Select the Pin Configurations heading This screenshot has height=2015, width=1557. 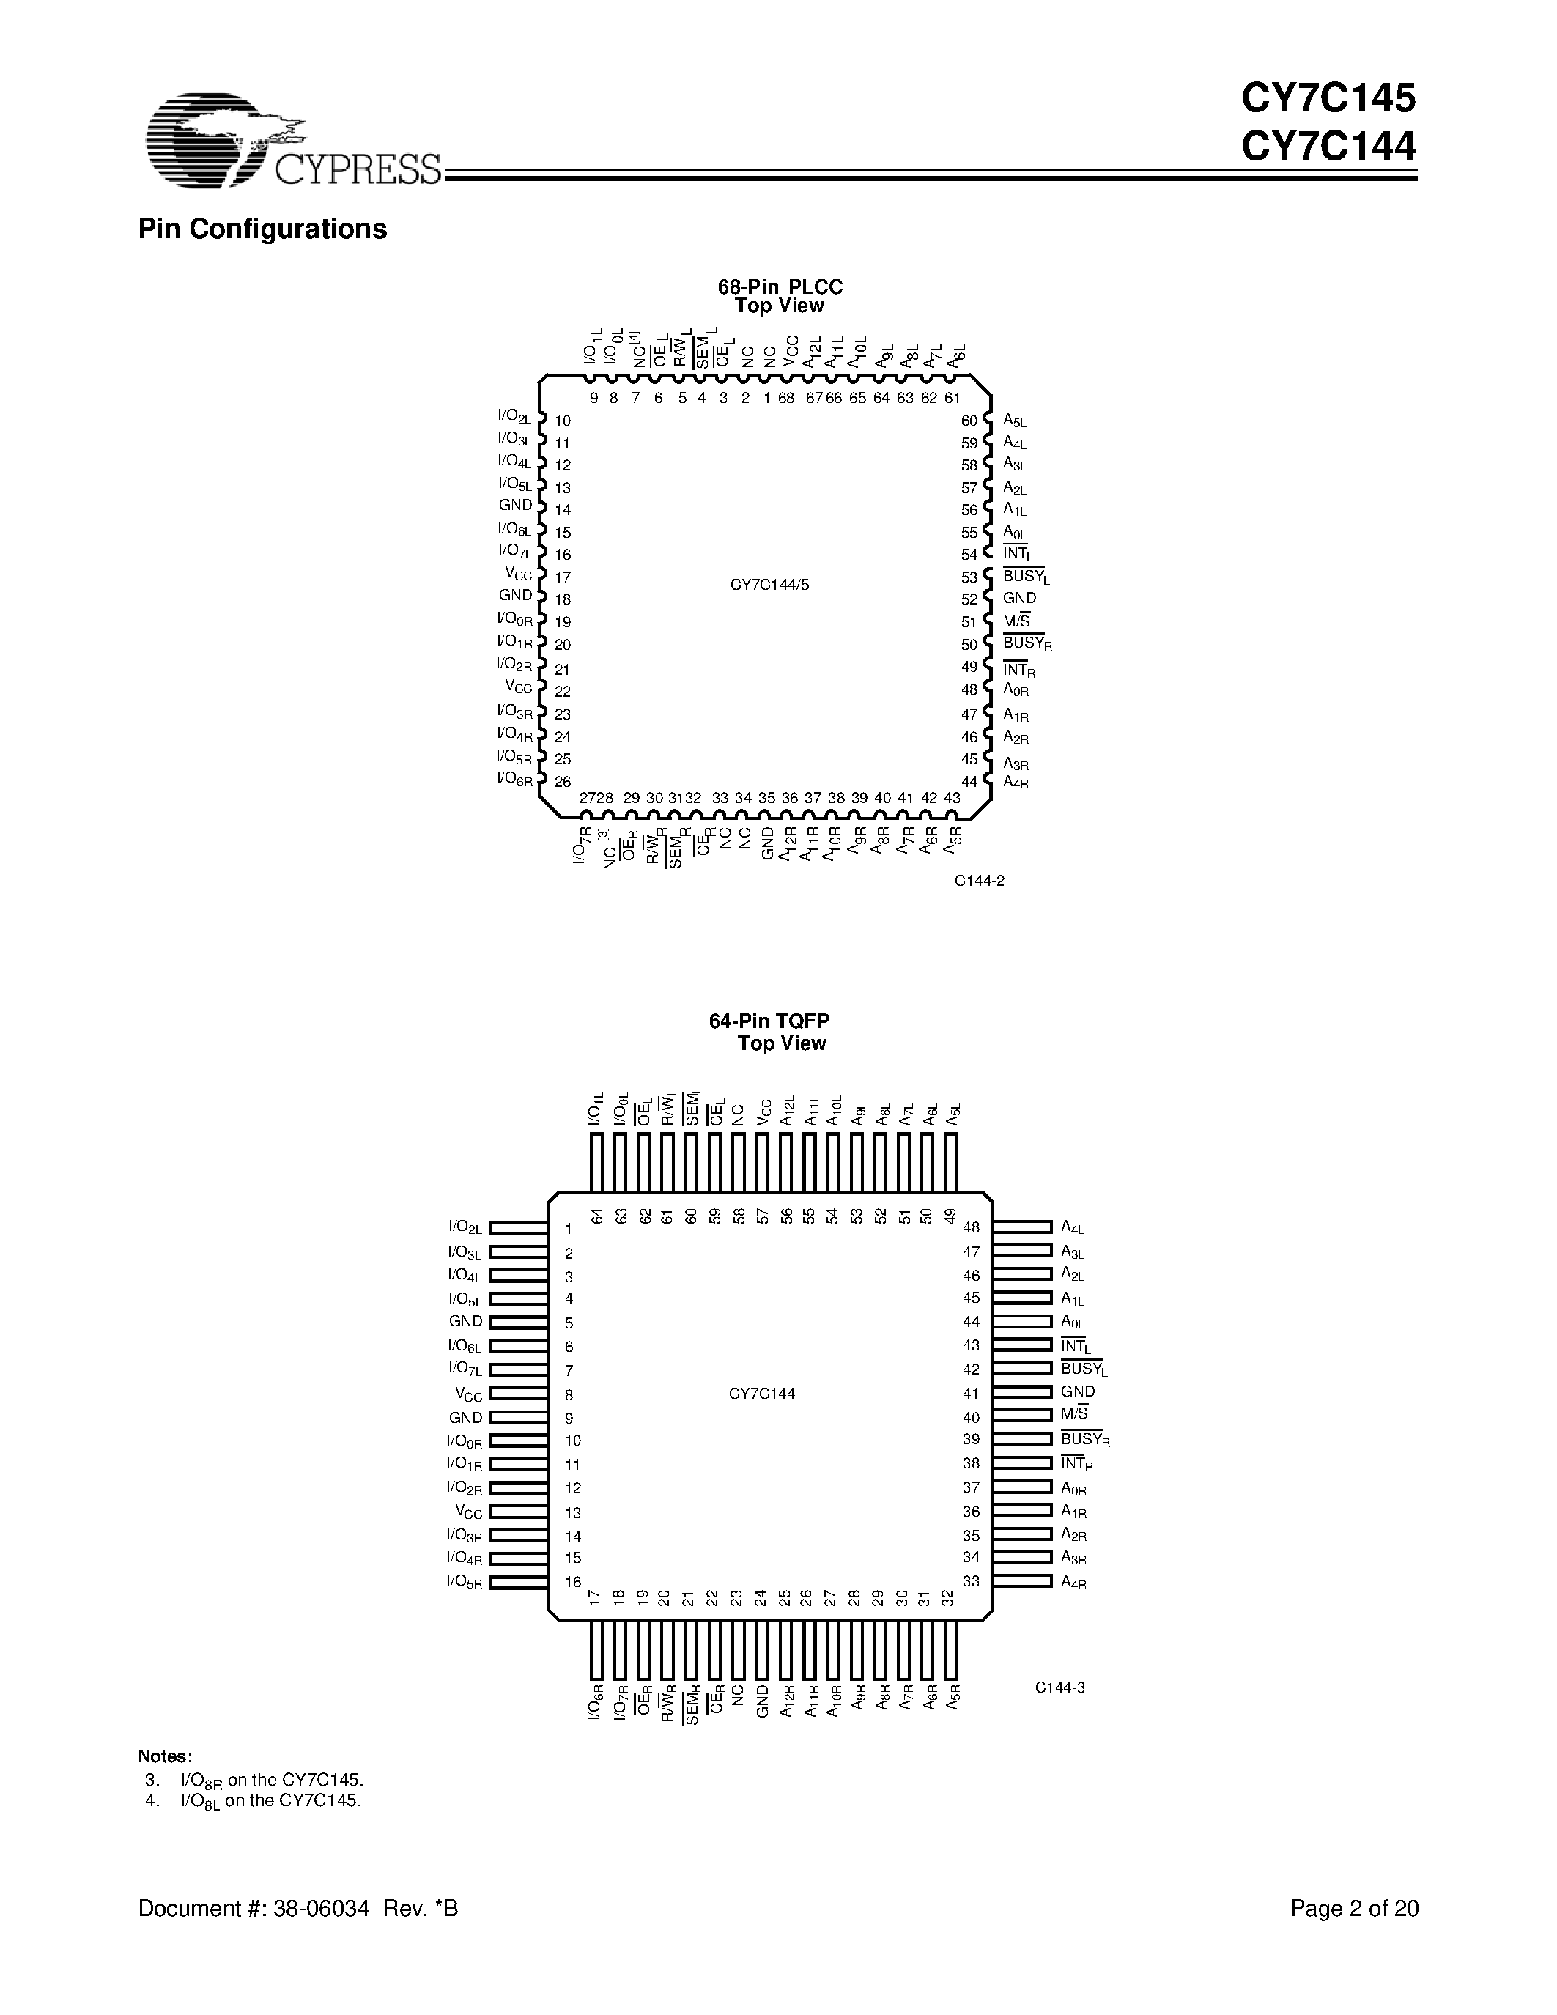coord(262,229)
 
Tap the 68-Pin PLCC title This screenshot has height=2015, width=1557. coord(780,287)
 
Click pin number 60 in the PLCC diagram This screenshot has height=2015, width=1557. coord(969,421)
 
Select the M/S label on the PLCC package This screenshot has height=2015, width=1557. coord(1016,621)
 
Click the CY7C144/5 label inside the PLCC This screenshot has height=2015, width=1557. coord(769,585)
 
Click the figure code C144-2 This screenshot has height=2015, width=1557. coord(979,881)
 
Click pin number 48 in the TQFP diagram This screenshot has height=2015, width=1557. coord(970,1227)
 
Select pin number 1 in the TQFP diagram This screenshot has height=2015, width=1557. coord(569,1229)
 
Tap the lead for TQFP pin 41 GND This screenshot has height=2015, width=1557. coord(1022,1392)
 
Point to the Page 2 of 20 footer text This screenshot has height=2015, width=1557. coord(1353,1909)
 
